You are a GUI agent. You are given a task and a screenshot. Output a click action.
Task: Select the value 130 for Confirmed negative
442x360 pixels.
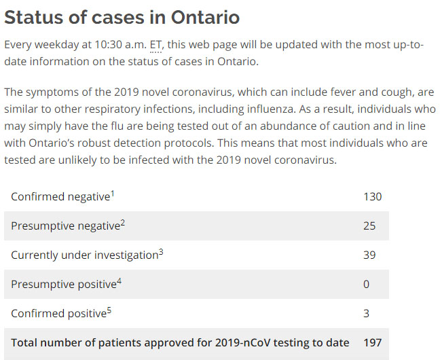click(x=372, y=196)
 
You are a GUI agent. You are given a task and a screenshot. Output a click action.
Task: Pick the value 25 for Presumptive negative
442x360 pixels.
click(x=369, y=226)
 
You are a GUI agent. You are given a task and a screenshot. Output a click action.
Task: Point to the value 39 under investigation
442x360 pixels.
click(x=369, y=255)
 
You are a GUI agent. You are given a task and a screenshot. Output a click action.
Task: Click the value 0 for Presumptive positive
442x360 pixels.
click(x=367, y=284)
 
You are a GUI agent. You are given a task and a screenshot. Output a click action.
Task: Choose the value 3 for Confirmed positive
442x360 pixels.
click(x=367, y=313)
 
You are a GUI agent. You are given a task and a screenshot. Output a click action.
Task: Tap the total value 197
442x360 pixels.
click(x=373, y=342)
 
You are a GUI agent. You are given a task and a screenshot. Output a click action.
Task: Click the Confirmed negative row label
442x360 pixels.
click(x=60, y=197)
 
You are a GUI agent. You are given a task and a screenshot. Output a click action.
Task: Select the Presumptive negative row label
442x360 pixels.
click(x=65, y=226)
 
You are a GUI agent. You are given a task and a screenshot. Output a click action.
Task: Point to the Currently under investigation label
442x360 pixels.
click(x=84, y=255)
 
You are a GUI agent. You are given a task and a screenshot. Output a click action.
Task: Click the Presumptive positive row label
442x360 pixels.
click(x=63, y=285)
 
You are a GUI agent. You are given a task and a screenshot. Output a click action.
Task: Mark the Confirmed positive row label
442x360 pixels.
click(x=58, y=314)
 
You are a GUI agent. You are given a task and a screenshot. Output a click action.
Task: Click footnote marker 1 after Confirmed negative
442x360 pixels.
click(x=113, y=194)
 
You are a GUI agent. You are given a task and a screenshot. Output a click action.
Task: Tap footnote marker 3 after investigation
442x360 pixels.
click(x=161, y=252)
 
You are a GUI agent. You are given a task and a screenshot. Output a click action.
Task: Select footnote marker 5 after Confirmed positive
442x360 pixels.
click(x=109, y=310)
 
